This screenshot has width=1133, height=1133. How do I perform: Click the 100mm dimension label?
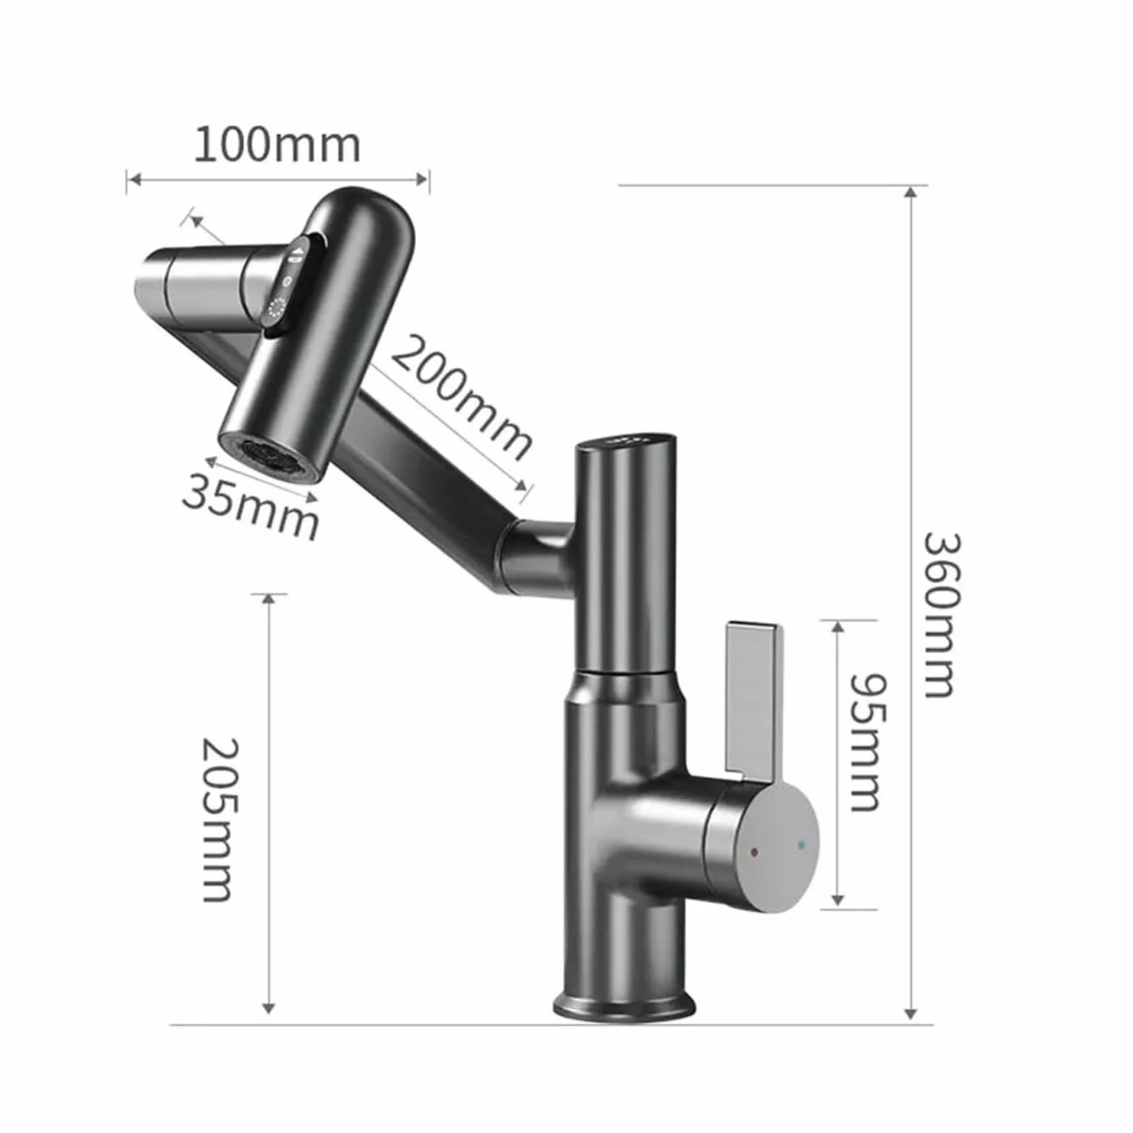[x=277, y=145]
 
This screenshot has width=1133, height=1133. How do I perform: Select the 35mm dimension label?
[x=250, y=504]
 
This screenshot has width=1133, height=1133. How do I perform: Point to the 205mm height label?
[x=217, y=819]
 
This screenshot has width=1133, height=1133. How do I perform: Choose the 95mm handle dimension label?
[x=866, y=743]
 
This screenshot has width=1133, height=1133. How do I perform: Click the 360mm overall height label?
[x=942, y=615]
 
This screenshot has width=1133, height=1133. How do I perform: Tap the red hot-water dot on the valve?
[x=754, y=853]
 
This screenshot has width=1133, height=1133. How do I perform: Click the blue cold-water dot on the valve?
[x=800, y=844]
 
